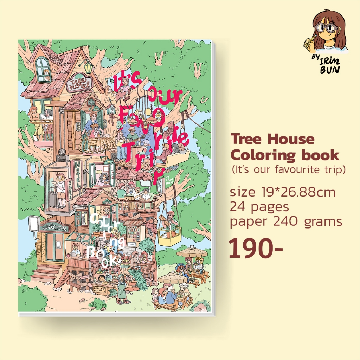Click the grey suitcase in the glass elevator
(53, 199)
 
